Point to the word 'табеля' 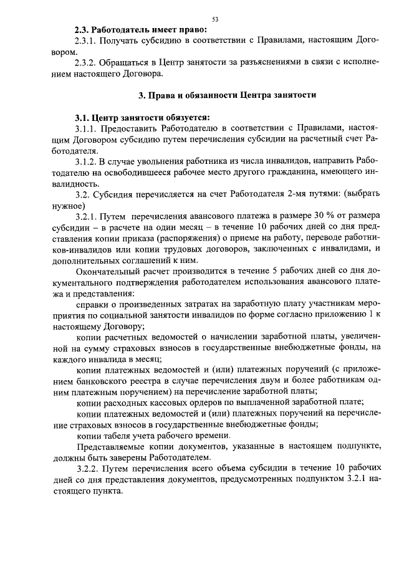coord(114,436)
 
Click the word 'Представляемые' coord(110,447)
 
